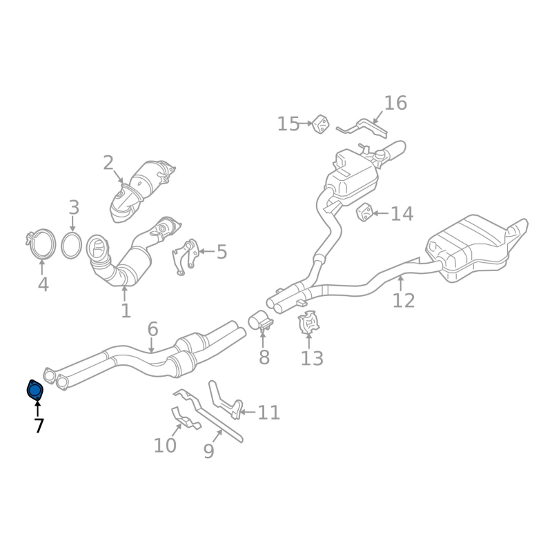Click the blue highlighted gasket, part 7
click(34, 391)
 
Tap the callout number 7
click(39, 426)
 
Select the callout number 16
click(395, 103)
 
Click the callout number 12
click(404, 300)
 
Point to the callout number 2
click(108, 163)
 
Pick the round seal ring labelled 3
click(71, 246)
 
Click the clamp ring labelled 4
click(42, 244)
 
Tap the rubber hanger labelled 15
click(320, 125)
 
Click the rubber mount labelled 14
click(364, 213)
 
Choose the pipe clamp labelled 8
click(260, 321)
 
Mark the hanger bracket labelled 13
click(308, 324)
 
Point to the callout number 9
click(208, 451)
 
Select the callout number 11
click(269, 413)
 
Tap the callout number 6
click(152, 329)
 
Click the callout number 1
click(125, 310)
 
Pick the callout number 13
click(312, 358)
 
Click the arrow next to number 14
click(380, 213)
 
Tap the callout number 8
click(264, 357)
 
